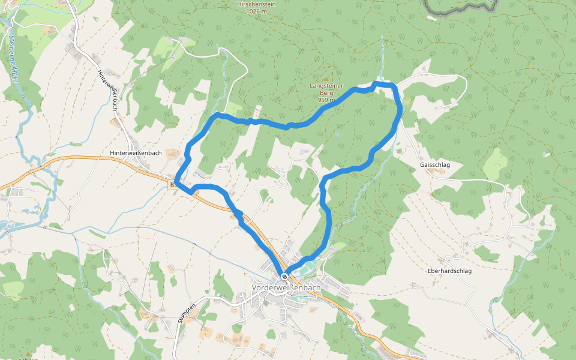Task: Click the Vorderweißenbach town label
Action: pyautogui.click(x=286, y=288)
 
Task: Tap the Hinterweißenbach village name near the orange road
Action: pyautogui.click(x=136, y=153)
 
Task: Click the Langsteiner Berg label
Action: pyautogui.click(x=325, y=89)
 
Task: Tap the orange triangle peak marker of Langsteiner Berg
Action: pyautogui.click(x=326, y=79)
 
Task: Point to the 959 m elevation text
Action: pyautogui.click(x=326, y=100)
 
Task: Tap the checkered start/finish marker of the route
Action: pyautogui.click(x=284, y=276)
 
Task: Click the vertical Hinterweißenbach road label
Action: pyautogui.click(x=106, y=89)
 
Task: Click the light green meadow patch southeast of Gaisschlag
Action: pyautogui.click(x=496, y=161)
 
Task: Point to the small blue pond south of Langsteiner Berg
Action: pyautogui.click(x=337, y=136)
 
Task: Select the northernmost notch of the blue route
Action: pyautogui.click(x=376, y=83)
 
